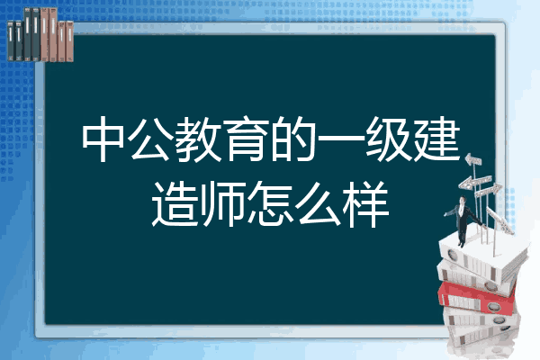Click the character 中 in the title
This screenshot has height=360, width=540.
tap(103, 139)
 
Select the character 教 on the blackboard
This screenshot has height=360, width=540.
tap(198, 139)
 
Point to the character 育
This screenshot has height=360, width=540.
tap(245, 139)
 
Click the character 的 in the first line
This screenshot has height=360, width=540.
tap(293, 139)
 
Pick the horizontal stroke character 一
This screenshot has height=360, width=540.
tap(340, 139)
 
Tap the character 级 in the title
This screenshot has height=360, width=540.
tap(388, 139)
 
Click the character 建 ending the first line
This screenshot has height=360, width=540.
tap(436, 139)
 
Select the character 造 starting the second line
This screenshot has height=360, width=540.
tap(175, 203)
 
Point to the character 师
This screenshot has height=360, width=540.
tap(223, 203)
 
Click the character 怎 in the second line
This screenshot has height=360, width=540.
tap(270, 203)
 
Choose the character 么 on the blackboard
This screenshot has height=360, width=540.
tap(318, 203)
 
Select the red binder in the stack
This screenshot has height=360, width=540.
tap(477, 298)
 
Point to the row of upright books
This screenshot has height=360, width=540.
tap(40, 35)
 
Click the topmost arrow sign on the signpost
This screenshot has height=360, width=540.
tap(473, 160)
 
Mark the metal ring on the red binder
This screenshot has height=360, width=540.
tap(493, 306)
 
